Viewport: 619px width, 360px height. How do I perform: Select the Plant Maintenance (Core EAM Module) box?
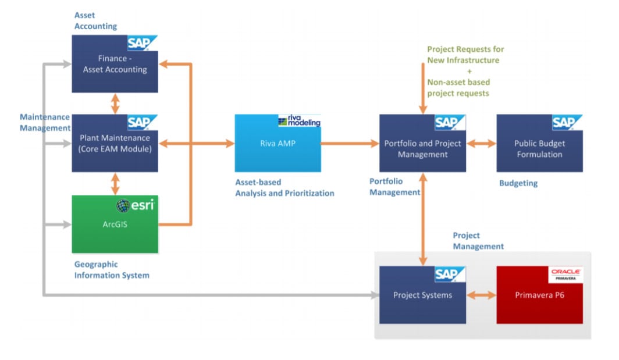click(x=115, y=144)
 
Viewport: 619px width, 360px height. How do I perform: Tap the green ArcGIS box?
click(x=115, y=224)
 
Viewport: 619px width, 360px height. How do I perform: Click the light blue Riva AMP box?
click(x=278, y=144)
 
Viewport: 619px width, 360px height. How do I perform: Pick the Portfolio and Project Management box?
click(x=422, y=149)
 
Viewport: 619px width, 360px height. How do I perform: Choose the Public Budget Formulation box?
click(x=539, y=149)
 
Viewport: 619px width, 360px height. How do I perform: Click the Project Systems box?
click(x=422, y=295)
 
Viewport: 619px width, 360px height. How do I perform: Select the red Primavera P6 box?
click(x=539, y=295)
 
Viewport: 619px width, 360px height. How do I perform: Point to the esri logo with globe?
click(x=136, y=206)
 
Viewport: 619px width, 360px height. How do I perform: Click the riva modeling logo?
click(x=300, y=120)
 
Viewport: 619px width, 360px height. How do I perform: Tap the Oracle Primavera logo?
click(x=567, y=275)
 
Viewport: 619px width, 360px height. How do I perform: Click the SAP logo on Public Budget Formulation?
click(x=567, y=122)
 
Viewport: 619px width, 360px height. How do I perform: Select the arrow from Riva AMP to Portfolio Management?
click(x=350, y=144)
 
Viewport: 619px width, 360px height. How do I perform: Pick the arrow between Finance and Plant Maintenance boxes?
click(x=115, y=104)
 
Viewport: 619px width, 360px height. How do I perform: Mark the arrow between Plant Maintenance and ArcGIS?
click(x=115, y=183)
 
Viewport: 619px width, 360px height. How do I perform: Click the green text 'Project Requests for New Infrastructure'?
click(x=465, y=55)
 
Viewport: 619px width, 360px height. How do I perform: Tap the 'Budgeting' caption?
click(x=518, y=183)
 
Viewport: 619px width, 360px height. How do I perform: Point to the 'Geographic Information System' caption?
click(x=111, y=269)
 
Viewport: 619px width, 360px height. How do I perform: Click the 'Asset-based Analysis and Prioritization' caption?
click(x=284, y=187)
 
